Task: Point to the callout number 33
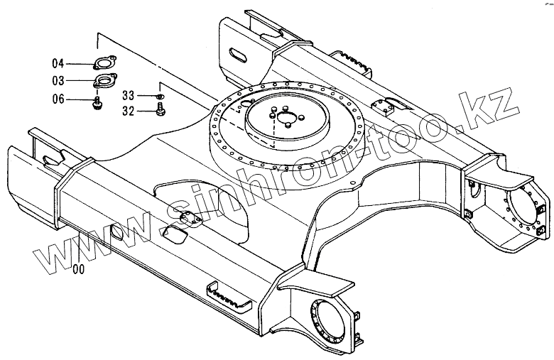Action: point(128,95)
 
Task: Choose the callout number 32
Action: point(128,110)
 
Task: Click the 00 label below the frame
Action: point(78,268)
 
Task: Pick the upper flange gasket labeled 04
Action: point(105,63)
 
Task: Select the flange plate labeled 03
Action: point(105,80)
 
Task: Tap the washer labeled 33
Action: point(161,95)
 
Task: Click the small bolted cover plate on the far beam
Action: point(388,107)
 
